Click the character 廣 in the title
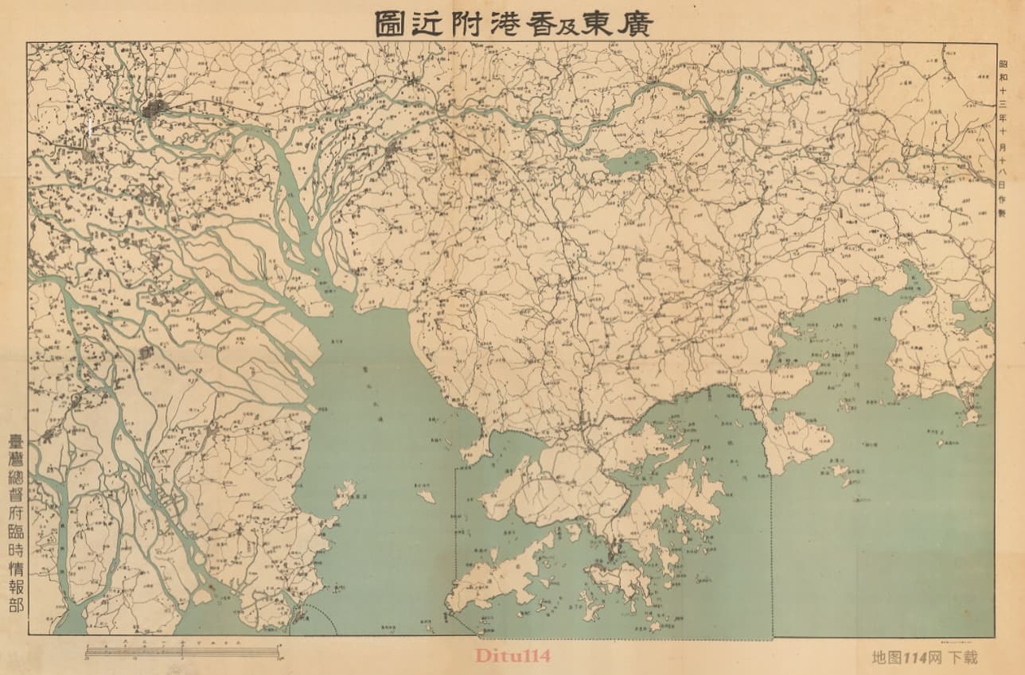click(x=633, y=23)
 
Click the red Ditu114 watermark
click(x=512, y=656)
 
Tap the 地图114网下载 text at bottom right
click(x=924, y=658)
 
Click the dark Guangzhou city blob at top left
click(x=154, y=108)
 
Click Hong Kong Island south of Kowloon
click(x=618, y=577)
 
